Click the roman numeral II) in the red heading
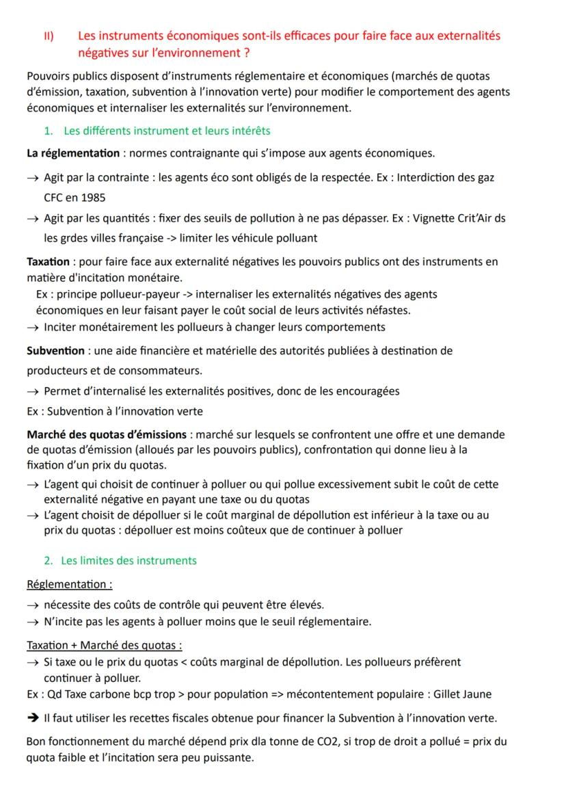pyautogui.click(x=49, y=36)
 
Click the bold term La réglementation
pyautogui.click(x=72, y=153)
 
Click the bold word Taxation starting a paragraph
pyautogui.click(x=48, y=262)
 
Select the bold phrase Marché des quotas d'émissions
pyautogui.click(x=107, y=434)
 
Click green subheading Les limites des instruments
pyautogui.click(x=129, y=560)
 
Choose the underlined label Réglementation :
pyautogui.click(x=69, y=584)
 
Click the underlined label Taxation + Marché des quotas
pyautogui.click(x=104, y=645)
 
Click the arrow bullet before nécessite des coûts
pyautogui.click(x=33, y=605)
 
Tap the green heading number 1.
pyautogui.click(x=48, y=131)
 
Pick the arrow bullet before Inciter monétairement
pyautogui.click(x=33, y=327)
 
